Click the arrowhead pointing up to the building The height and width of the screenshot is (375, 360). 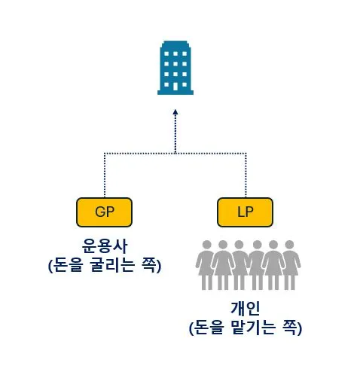[175, 111]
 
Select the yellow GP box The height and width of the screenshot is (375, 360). [104, 212]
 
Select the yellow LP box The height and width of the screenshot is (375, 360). [245, 212]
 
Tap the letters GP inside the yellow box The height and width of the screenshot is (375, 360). [104, 212]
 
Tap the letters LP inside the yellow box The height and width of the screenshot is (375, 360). [245, 212]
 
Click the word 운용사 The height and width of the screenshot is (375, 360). [104, 246]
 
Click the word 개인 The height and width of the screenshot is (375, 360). [245, 309]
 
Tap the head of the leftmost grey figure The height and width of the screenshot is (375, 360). [206, 245]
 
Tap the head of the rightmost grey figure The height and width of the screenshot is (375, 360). [290, 245]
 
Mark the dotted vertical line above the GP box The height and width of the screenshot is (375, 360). [104, 175]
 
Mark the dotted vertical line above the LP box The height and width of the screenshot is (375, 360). [245, 175]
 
